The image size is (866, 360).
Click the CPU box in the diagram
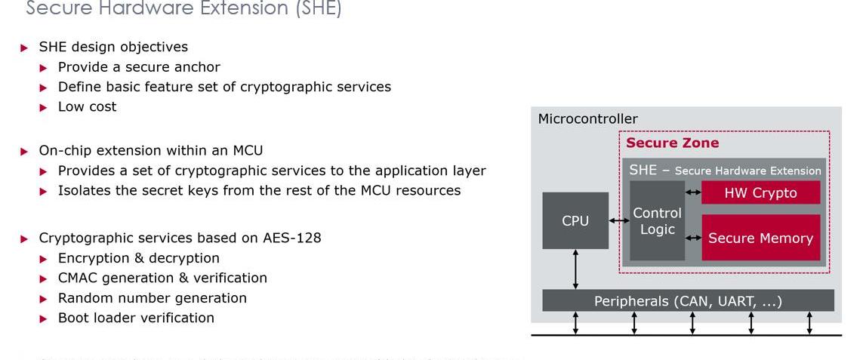pyautogui.click(x=575, y=220)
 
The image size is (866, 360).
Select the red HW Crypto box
pyautogui.click(x=760, y=192)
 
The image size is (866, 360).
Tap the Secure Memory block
pyautogui.click(x=760, y=238)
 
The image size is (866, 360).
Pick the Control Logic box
pyautogui.click(x=657, y=221)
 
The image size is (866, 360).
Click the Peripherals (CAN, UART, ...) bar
pyautogui.click(x=688, y=301)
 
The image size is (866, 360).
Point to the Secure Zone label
pyautogui.click(x=672, y=143)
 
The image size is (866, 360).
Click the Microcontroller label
pyautogui.click(x=587, y=118)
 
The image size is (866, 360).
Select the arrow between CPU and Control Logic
pyautogui.click(x=619, y=220)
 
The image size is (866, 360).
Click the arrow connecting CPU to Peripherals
pyautogui.click(x=575, y=269)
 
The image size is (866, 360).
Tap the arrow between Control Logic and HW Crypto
pyautogui.click(x=693, y=192)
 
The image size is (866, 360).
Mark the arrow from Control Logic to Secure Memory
pyautogui.click(x=693, y=238)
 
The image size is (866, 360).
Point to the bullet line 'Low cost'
pyautogui.click(x=87, y=106)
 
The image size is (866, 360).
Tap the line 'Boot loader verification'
pyautogui.click(x=136, y=318)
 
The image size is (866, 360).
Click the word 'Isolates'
pyautogui.click(x=84, y=190)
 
